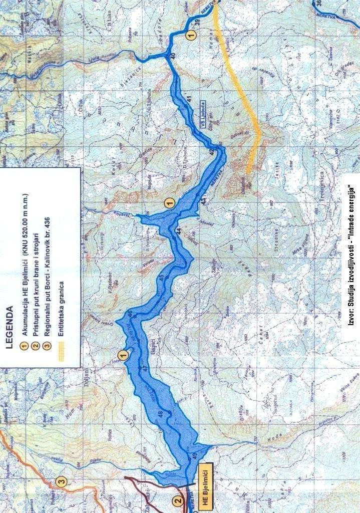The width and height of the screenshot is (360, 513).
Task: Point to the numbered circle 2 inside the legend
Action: point(36,346)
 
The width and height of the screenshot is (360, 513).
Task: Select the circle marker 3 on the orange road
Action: point(61,482)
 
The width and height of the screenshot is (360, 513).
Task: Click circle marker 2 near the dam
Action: point(177,500)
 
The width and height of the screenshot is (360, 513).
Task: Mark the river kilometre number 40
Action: point(173,56)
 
